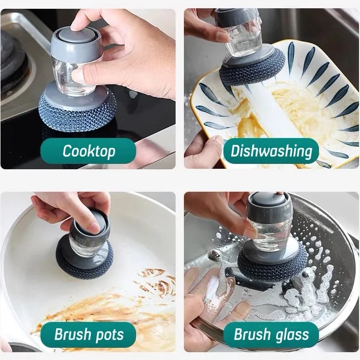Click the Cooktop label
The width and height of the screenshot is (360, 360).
tap(88, 151)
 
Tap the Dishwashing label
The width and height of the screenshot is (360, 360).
tap(271, 151)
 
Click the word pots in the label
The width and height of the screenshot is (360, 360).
tap(110, 335)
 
